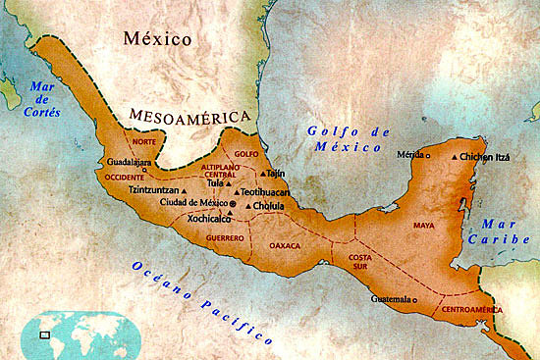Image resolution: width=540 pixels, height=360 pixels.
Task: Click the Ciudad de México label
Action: click(x=194, y=202)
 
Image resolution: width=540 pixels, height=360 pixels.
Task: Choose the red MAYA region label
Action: click(x=423, y=224)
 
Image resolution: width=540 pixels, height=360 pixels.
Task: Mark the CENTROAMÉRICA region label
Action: click(x=471, y=309)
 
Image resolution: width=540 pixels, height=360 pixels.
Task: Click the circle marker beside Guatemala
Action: click(x=415, y=299)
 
